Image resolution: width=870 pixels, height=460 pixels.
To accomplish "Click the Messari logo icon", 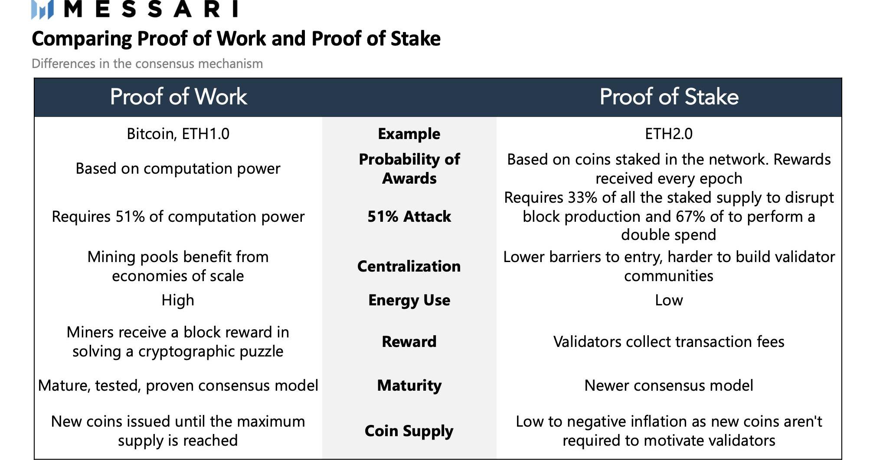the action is [x=43, y=10].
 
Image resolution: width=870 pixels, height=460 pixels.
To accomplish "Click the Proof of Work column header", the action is [x=178, y=97].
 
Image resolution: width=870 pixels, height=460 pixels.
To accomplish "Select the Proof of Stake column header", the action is [x=669, y=97].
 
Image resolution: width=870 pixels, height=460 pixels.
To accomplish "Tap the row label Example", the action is [x=409, y=134].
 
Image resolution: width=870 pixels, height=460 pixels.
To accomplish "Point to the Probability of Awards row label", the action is [x=409, y=168].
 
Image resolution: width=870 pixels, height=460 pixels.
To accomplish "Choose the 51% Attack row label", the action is [x=409, y=216].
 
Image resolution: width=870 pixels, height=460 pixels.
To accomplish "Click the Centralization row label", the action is [x=409, y=266].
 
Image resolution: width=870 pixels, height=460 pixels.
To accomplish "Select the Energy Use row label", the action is [x=409, y=300].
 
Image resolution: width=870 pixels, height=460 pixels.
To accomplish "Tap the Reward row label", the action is [x=409, y=342].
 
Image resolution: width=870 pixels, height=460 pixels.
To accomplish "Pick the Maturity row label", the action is [x=409, y=385].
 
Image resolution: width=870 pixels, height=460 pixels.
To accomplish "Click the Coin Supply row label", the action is [x=409, y=431].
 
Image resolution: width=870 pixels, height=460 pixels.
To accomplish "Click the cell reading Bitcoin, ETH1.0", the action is [x=178, y=134].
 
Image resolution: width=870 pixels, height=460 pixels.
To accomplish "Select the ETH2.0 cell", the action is [x=669, y=134].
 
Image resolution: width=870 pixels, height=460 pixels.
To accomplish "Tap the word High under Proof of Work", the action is [x=178, y=300].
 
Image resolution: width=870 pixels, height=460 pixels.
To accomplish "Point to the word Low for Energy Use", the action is [x=669, y=300].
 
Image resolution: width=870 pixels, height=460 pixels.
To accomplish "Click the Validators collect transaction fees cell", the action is [x=669, y=342].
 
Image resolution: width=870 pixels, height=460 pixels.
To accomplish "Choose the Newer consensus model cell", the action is [x=669, y=385].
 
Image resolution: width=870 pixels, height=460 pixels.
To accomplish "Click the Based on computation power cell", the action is [x=178, y=168].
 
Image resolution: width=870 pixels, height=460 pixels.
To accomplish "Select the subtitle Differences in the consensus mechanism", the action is [x=147, y=64].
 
